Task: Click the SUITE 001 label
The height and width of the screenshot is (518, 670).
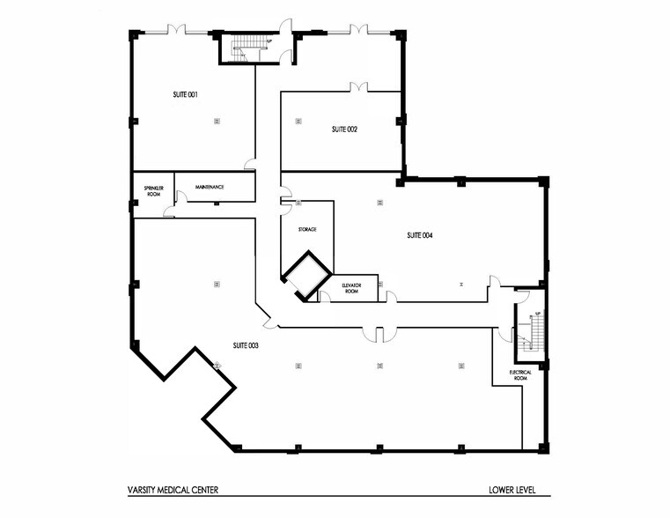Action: (183, 93)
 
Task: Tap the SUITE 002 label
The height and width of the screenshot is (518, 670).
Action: (344, 129)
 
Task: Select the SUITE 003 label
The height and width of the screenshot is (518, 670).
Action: (246, 344)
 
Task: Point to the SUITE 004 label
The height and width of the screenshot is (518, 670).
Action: (420, 235)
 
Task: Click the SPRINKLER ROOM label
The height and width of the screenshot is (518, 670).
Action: (146, 190)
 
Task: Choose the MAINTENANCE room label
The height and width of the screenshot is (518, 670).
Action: (210, 187)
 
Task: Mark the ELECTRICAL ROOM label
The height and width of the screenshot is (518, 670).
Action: (520, 374)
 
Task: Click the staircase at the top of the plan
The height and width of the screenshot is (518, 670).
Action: (242, 48)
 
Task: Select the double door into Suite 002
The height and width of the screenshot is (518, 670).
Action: (357, 86)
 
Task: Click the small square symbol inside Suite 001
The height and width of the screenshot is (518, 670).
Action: (216, 122)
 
